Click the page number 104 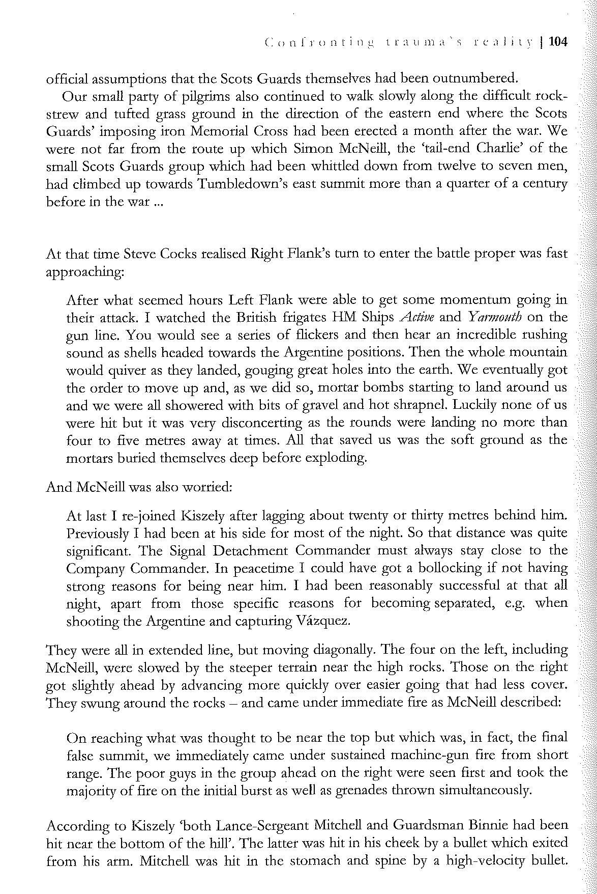pyautogui.click(x=558, y=42)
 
